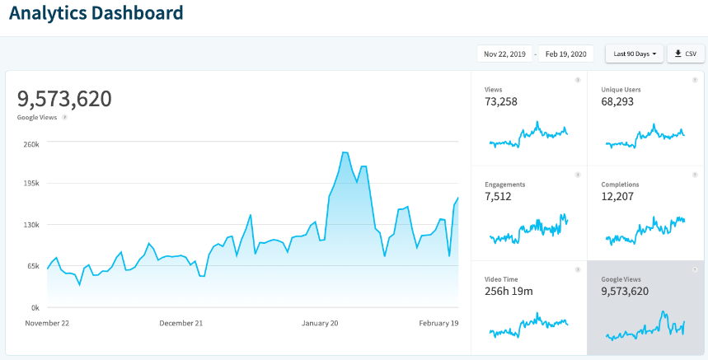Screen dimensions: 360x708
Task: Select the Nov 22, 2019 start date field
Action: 505,54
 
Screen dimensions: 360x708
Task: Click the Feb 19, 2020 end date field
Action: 566,54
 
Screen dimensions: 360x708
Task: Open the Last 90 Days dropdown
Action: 634,54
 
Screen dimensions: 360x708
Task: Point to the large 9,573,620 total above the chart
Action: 64,98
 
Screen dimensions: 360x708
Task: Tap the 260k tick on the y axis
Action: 31,143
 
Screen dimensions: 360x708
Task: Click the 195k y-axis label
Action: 31,184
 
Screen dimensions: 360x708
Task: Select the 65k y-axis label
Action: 32,266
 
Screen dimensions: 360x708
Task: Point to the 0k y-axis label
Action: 34,307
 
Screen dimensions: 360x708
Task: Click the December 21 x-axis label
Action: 181,323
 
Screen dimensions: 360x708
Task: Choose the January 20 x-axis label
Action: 321,323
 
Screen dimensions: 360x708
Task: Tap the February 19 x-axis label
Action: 438,323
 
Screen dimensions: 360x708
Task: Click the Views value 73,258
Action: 502,101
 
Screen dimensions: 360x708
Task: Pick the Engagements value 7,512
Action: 499,196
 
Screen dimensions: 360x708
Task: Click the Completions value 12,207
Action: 621,196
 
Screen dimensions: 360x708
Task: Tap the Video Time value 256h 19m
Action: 509,292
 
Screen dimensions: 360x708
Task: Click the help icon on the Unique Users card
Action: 694,80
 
